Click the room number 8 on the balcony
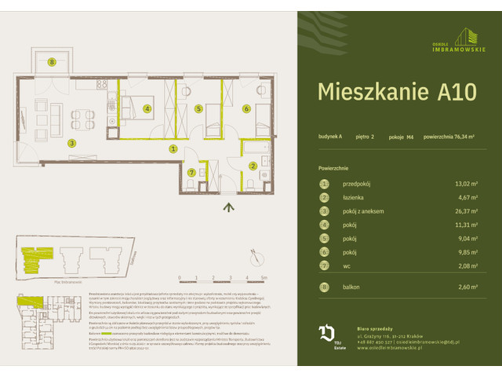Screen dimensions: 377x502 [x=52, y=61]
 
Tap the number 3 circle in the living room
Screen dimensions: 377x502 [x=71, y=143]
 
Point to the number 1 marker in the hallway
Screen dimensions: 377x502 [x=173, y=148]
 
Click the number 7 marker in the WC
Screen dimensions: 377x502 [x=191, y=173]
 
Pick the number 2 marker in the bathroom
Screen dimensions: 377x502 [x=253, y=165]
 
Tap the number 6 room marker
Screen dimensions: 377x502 [x=246, y=109]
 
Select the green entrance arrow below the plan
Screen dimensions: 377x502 [x=228, y=207]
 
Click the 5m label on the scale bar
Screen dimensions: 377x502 [x=264, y=278]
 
